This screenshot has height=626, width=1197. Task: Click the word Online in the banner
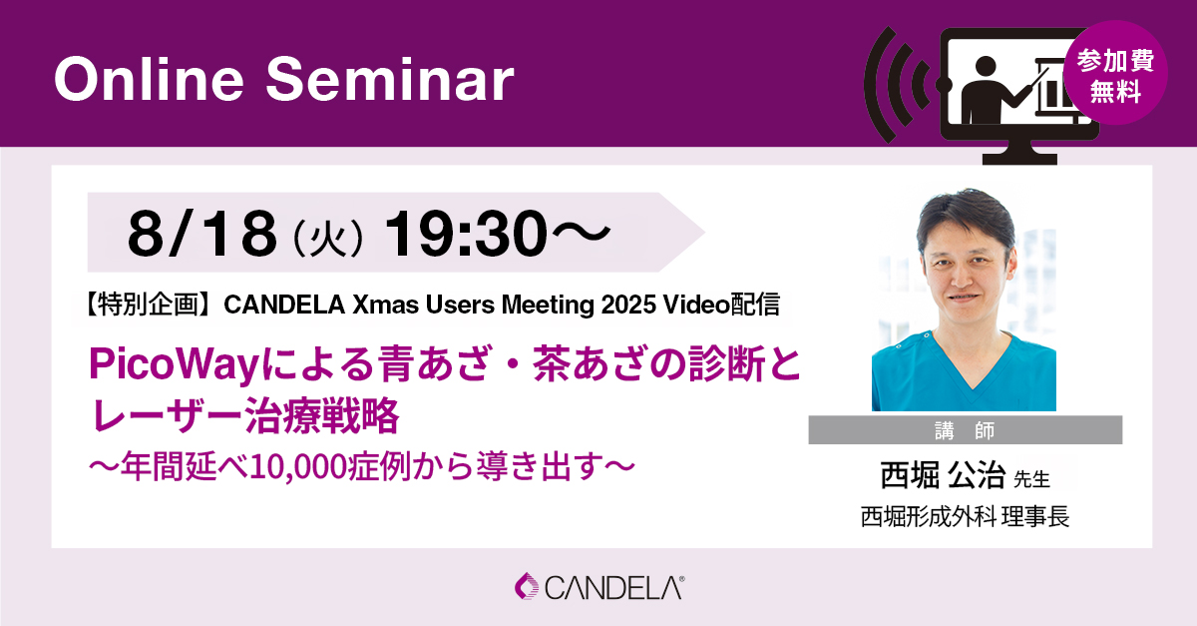149,79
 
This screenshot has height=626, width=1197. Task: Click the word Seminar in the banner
390,79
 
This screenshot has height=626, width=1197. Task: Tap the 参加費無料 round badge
1115,73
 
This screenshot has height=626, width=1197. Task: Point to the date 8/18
201,234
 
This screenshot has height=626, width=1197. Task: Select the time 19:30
466,234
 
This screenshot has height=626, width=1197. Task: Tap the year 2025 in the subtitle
628,305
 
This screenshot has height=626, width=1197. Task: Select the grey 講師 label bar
966,429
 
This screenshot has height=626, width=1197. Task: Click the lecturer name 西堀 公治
943,474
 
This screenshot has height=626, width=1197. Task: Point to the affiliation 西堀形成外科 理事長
965,517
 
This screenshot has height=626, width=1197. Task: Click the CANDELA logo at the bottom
599,587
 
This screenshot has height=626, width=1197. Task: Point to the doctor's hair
965,215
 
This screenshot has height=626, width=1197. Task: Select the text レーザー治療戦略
244,415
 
